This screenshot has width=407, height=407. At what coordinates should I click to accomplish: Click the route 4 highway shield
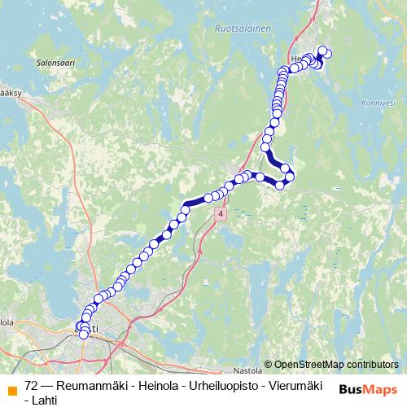coord(220,212)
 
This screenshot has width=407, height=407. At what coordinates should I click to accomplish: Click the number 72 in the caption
coord(32,385)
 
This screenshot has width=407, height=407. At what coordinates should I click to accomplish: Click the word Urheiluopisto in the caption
coord(221,385)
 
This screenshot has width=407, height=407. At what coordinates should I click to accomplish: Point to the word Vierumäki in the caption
coord(296,385)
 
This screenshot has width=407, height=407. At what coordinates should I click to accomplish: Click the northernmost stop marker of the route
coord(322,51)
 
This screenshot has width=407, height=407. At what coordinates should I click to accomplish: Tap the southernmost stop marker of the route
coord(83,334)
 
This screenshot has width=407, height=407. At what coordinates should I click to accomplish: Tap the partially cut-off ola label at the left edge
coord(7,322)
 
